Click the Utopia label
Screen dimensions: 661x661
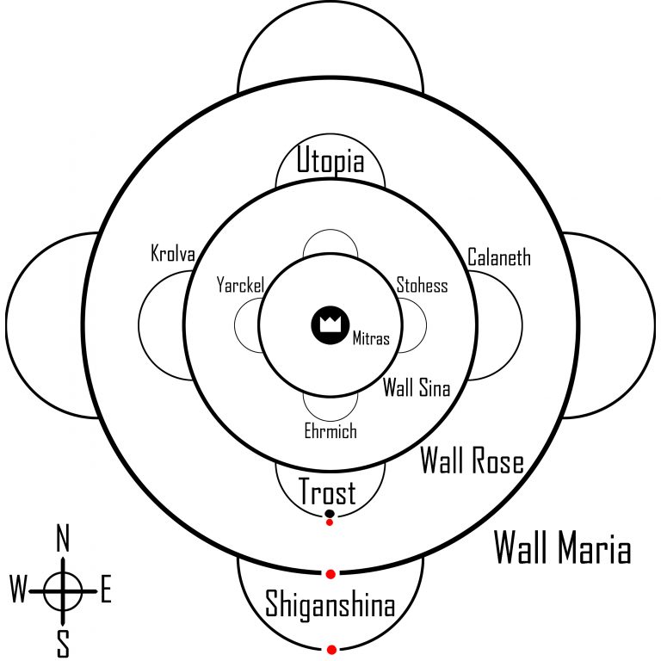pos(330,162)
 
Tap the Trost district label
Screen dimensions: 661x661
pos(327,493)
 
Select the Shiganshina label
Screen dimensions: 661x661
pos(330,604)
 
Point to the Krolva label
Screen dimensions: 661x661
pos(173,255)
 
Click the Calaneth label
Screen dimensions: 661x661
pos(499,256)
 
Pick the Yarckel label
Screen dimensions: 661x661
pos(239,284)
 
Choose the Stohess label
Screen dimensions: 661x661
pos(422,285)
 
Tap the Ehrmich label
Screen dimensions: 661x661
pos(330,430)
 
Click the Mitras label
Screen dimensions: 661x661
pos(371,339)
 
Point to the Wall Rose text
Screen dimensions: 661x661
pos(472,462)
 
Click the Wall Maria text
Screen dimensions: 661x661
pos(563,548)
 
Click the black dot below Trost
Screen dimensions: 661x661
pos(330,514)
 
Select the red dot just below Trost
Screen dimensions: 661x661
pos(330,522)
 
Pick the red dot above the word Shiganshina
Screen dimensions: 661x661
pos(330,573)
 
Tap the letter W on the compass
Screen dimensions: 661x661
pos(18,590)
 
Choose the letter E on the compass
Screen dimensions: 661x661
pos(106,590)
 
